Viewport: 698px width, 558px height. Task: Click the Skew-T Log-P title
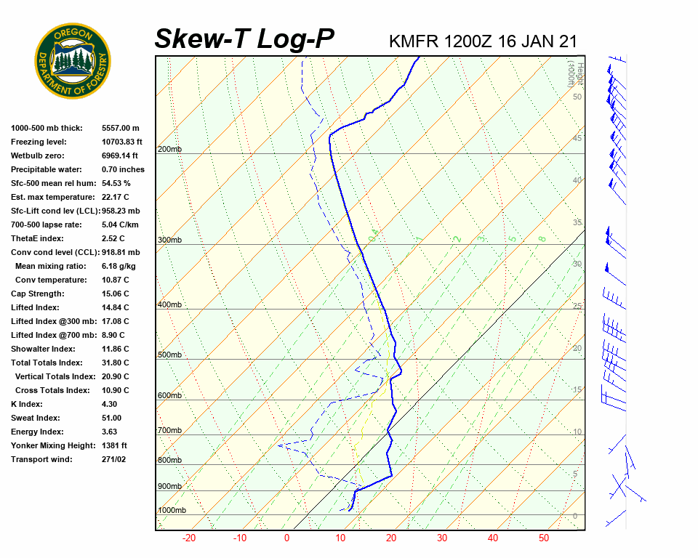click(x=244, y=39)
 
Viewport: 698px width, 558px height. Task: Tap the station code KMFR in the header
click(x=414, y=41)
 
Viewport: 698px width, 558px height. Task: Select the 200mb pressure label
click(x=169, y=150)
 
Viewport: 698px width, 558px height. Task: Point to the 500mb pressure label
click(x=169, y=355)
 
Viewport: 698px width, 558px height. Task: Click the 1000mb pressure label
click(x=172, y=511)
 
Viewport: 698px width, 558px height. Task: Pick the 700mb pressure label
click(x=169, y=431)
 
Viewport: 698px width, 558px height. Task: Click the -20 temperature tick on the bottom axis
click(x=189, y=538)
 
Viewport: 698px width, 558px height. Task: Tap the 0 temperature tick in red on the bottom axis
click(x=286, y=538)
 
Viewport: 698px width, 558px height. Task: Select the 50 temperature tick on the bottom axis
click(x=544, y=538)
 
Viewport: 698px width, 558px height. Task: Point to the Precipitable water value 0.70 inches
click(x=123, y=169)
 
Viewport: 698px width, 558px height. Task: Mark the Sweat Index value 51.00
click(x=112, y=418)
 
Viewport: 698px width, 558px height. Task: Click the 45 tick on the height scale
click(x=577, y=139)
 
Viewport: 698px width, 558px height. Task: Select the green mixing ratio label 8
click(x=542, y=238)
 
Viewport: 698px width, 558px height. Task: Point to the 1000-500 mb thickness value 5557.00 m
click(x=121, y=128)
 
